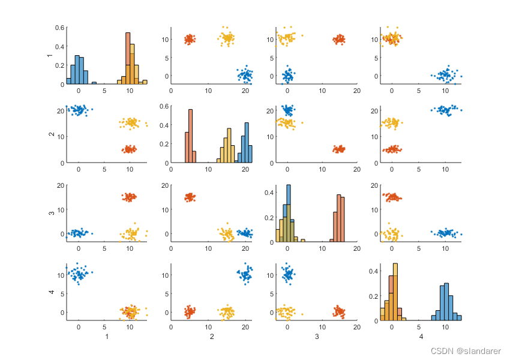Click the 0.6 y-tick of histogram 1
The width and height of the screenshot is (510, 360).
click(x=61, y=28)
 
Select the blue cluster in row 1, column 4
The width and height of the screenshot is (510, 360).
click(x=446, y=76)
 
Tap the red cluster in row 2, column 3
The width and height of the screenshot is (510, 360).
click(x=339, y=149)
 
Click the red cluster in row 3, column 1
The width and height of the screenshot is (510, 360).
click(x=129, y=196)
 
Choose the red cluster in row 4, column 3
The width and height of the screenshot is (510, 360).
click(x=339, y=311)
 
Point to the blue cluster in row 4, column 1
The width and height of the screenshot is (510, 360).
click(x=78, y=274)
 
